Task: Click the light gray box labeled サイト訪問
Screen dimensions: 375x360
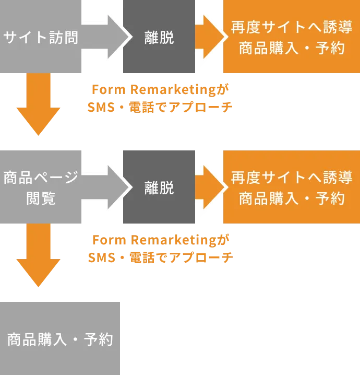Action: [41, 38]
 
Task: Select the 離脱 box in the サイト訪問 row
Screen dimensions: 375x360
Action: [159, 38]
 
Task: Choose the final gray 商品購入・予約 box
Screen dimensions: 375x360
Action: [60, 338]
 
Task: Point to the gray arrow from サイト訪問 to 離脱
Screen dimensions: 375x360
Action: [107, 37]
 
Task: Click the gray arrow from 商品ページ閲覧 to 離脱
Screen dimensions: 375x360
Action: [107, 186]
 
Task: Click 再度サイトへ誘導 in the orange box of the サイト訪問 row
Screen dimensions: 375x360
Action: [291, 28]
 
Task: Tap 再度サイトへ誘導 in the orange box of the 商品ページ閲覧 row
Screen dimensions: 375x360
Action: [291, 177]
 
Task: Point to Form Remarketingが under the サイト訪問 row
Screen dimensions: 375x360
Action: [160, 90]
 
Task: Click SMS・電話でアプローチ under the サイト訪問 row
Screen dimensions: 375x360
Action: [160, 107]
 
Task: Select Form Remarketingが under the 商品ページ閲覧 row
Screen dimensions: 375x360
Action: [160, 240]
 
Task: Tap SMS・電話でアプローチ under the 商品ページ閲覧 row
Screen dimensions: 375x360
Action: [160, 257]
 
